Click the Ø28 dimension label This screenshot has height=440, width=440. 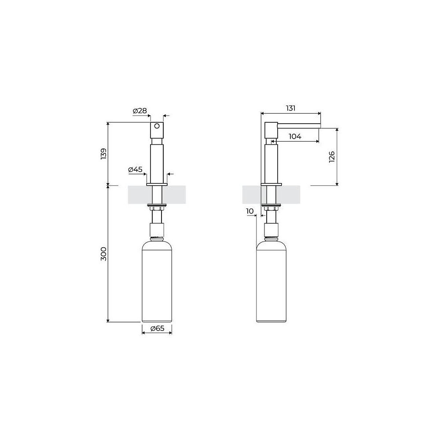point(139,111)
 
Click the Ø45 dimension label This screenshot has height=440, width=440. point(135,169)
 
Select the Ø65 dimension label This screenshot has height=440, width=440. point(157,328)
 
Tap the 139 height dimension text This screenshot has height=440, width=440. point(103,154)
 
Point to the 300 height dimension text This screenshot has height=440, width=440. point(103,254)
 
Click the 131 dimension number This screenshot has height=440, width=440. point(290,108)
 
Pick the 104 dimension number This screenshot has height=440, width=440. point(295,137)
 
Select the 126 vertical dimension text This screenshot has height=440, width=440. point(332,157)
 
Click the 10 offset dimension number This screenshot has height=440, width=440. point(250,211)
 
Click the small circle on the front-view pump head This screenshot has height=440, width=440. point(157,126)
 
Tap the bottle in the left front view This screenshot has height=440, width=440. point(157,282)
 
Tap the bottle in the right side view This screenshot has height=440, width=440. point(271,282)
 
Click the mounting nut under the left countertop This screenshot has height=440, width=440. point(157,206)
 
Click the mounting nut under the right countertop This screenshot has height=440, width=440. point(271,206)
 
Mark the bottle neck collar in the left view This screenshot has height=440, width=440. point(157,230)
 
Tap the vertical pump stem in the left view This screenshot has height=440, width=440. point(157,161)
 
